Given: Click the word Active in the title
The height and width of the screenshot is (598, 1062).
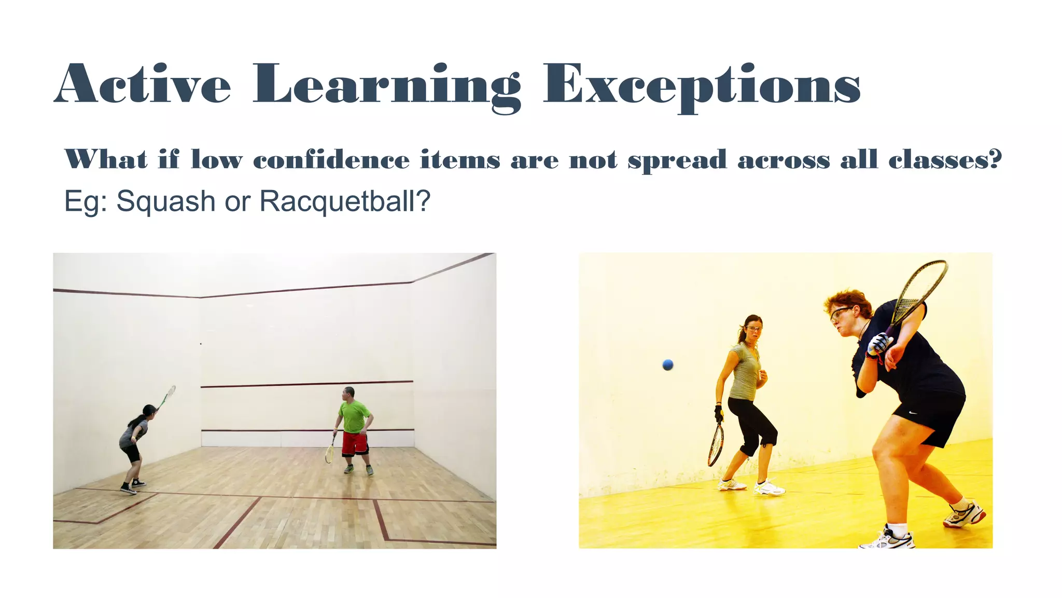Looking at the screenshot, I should coord(143,85).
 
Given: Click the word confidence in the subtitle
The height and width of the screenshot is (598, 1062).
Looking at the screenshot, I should coord(331,159).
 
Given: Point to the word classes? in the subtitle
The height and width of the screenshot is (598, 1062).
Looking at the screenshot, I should coord(945,159).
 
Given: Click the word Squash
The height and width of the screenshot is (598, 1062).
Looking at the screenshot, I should coord(165,201).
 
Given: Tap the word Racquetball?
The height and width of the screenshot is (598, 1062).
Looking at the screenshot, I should coord(345,201).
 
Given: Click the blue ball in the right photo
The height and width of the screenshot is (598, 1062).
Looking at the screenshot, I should coord(668,365).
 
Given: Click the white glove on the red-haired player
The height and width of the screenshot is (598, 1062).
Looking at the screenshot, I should coord(879,343).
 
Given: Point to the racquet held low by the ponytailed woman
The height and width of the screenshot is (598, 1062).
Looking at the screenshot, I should coord(716,445).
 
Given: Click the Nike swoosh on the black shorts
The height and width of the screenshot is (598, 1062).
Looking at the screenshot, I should coord(913,413).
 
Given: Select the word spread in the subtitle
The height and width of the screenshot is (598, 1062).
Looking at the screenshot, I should coord(677,159).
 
